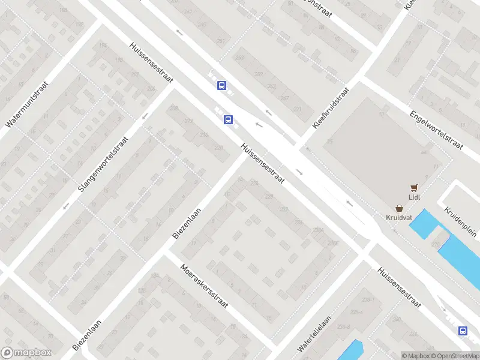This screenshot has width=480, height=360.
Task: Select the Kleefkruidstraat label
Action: [331, 106]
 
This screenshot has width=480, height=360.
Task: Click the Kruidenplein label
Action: [460, 221]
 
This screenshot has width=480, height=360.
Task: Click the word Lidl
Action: [413, 197]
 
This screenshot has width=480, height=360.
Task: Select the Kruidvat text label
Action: [399, 217]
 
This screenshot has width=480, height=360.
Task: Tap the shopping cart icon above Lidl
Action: [413, 188]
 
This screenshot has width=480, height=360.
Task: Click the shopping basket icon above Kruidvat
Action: [399, 208]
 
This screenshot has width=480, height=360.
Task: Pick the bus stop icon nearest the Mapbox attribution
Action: [463, 331]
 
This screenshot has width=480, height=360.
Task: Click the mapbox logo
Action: [26, 353]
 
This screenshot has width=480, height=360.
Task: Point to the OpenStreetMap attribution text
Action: [454, 356]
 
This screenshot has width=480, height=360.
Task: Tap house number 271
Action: [298, 109]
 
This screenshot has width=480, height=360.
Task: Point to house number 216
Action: [204, 135]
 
